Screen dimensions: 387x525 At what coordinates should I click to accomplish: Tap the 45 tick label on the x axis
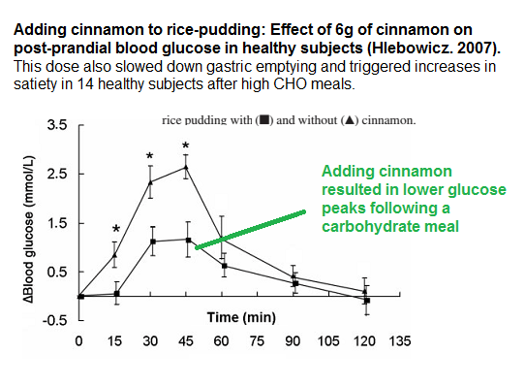186,341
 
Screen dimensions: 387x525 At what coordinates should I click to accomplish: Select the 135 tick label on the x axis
399,341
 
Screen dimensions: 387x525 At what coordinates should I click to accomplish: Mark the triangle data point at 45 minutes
186,167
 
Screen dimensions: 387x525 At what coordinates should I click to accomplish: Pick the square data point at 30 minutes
151,242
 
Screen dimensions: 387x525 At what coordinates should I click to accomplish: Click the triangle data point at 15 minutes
115,256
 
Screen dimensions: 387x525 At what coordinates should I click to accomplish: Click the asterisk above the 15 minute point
115,229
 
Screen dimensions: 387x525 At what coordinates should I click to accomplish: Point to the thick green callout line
252,229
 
